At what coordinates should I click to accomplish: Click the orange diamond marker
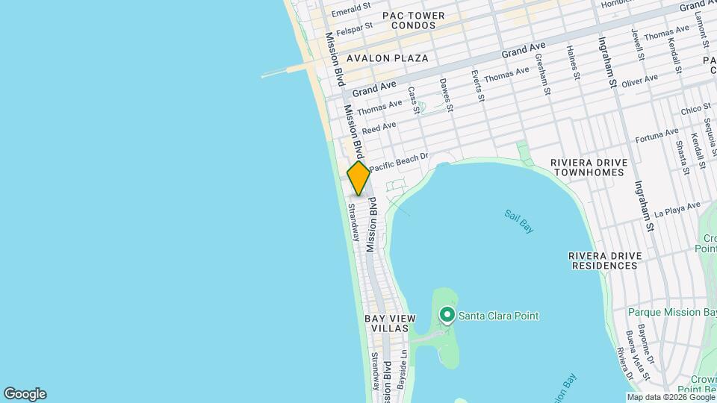click(358, 178)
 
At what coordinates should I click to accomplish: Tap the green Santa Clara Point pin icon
click(447, 316)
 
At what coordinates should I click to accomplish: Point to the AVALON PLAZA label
click(387, 58)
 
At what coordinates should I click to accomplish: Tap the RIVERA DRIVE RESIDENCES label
click(605, 260)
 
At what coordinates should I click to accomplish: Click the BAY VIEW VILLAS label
click(387, 323)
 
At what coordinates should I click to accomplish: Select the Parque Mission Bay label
click(673, 312)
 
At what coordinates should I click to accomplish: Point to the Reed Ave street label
click(379, 128)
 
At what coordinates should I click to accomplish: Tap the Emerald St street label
click(351, 10)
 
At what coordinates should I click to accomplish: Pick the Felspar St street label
click(353, 32)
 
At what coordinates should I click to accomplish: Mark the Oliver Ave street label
click(639, 80)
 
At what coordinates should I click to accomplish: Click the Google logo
click(25, 394)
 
